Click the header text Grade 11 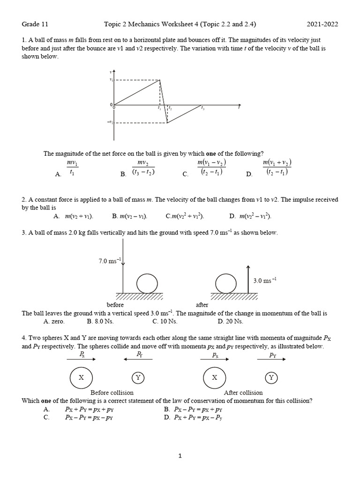tap(35, 24)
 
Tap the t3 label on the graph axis tap(202, 109)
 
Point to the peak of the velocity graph tap(160, 80)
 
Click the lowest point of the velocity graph tap(167, 123)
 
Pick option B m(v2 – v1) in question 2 tap(130, 216)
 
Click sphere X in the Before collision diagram tap(81, 377)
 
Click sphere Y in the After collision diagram tap(270, 377)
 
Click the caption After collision tap(243, 392)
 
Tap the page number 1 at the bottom tap(180, 455)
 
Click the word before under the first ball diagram tap(115, 305)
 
